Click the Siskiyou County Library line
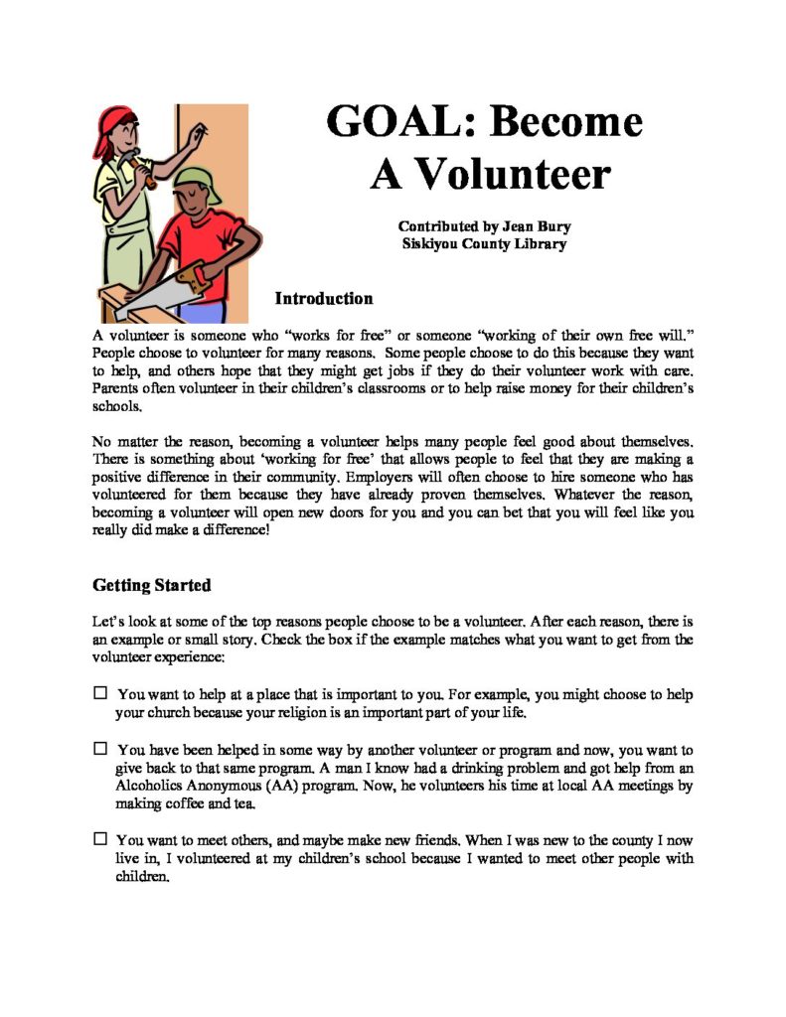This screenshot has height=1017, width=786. (x=484, y=243)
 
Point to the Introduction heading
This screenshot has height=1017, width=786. (x=324, y=299)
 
